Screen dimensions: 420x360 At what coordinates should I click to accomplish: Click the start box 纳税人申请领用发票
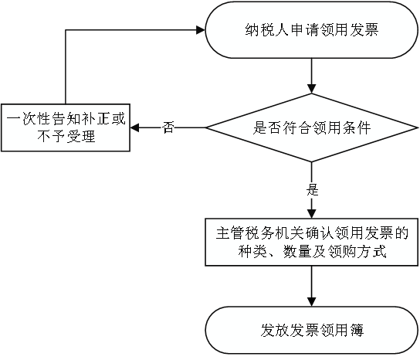tap(311, 30)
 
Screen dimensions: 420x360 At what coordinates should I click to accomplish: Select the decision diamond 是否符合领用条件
tap(311, 127)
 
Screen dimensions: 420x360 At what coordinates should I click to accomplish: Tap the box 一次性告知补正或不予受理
tap(66, 127)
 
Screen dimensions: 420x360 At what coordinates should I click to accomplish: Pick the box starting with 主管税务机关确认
tap(311, 242)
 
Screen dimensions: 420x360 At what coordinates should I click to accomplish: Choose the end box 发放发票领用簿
tap(311, 330)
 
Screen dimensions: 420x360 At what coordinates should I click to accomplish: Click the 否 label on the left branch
tap(168, 127)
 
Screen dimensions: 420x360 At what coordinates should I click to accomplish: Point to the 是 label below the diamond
tap(313, 190)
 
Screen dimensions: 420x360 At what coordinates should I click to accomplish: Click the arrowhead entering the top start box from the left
tap(201, 30)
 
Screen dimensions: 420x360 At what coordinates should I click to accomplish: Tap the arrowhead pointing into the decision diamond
tap(311, 89)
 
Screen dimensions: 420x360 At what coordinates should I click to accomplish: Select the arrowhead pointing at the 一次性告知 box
tap(135, 127)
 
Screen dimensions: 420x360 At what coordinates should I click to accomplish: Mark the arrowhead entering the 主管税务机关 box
tap(311, 214)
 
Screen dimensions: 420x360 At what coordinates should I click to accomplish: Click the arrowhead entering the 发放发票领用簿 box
tap(311, 302)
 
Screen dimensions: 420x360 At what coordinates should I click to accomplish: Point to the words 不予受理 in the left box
tap(66, 137)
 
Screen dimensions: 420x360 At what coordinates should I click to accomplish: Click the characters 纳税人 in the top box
tap(267, 30)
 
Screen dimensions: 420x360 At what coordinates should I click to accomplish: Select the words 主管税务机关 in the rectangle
tap(260, 233)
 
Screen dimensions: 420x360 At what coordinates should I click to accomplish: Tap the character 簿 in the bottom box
tap(357, 330)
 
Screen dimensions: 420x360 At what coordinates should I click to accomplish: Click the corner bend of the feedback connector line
tap(66, 30)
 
